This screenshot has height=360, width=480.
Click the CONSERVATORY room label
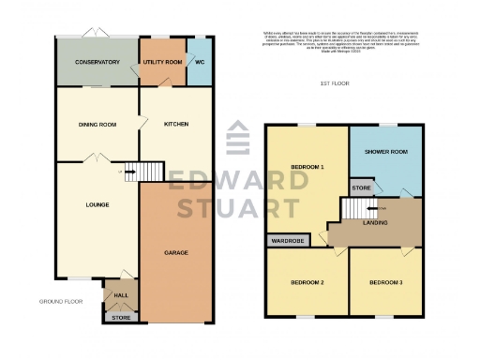(x=97, y=62)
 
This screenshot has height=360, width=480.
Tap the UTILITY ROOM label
(x=161, y=61)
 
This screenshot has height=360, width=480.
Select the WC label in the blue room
(x=199, y=61)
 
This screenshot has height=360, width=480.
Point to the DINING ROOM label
(x=97, y=125)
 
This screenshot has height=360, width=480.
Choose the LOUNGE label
(x=96, y=204)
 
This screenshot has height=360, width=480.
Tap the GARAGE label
(x=176, y=253)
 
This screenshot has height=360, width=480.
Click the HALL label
(x=120, y=295)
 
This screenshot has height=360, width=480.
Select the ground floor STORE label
(x=120, y=318)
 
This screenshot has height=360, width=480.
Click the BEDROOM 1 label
(x=307, y=167)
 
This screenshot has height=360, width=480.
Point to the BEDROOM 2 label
(x=307, y=282)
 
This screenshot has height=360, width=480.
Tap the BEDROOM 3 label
(x=384, y=282)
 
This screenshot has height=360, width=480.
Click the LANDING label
(x=377, y=222)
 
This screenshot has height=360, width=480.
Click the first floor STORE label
(x=362, y=187)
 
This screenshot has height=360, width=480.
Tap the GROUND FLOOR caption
(x=62, y=302)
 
